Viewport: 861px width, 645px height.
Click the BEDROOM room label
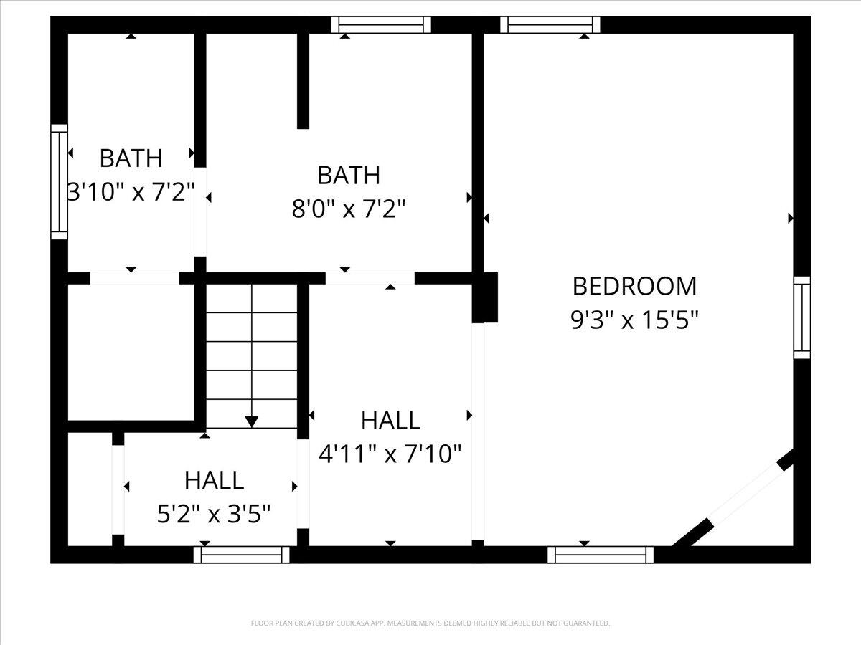coord(634,286)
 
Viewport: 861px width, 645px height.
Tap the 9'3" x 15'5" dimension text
coord(634,320)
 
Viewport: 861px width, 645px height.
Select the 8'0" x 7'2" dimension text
coord(348,209)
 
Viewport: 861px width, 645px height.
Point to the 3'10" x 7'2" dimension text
coord(131,192)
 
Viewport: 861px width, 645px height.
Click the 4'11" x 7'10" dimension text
coord(390,454)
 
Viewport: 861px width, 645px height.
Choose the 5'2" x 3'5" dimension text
coord(214,514)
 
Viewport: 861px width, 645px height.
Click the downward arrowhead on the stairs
coord(251,422)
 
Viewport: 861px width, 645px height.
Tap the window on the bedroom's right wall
coord(802,317)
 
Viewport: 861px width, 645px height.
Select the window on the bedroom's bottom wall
coord(601,555)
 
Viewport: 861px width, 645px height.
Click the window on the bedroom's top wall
coord(550,24)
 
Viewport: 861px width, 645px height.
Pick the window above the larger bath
coord(381,24)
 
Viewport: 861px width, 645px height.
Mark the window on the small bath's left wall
coord(60,182)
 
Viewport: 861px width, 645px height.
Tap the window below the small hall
coord(241,555)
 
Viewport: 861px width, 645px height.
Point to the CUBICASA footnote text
coord(430,623)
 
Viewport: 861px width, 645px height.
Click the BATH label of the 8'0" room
coord(348,175)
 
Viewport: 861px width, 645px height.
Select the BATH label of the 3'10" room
coord(131,158)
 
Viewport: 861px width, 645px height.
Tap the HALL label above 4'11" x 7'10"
coord(391,420)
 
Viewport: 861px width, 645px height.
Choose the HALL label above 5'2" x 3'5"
coord(214,480)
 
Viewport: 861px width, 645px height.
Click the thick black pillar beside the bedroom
coord(485,297)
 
